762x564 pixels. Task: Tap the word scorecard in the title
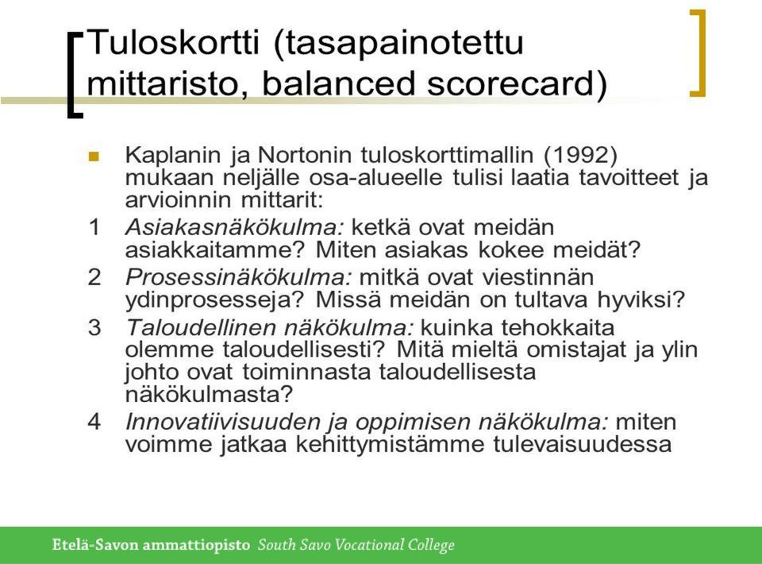510,83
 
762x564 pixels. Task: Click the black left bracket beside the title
73,75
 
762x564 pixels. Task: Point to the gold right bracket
698,53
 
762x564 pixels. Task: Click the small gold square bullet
94,156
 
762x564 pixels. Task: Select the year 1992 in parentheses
580,155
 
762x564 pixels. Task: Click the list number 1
94,227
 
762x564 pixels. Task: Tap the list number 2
94,277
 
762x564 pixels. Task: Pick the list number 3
94,326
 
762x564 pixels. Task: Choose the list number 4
94,421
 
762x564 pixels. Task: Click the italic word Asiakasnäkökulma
235,227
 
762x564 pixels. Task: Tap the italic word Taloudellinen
200,327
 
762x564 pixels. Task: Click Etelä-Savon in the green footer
96,545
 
